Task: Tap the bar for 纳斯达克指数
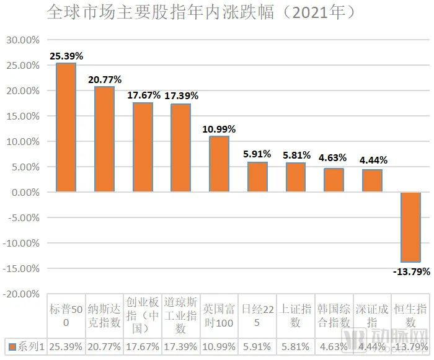pyautogui.click(x=104, y=139)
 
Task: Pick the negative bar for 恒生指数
pyautogui.click(x=410, y=227)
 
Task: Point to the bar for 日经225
pyautogui.click(x=257, y=177)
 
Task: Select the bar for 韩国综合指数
pyautogui.click(x=334, y=180)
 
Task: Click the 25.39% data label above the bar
pyautogui.click(x=66, y=56)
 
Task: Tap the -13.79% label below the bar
pyautogui.click(x=410, y=271)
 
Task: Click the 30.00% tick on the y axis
pyautogui.click(x=22, y=40)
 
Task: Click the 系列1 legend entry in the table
pyautogui.click(x=29, y=346)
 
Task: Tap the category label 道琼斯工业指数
pyautogui.click(x=181, y=315)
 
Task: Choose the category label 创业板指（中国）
pyautogui.click(x=143, y=315)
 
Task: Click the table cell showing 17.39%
pyautogui.click(x=181, y=346)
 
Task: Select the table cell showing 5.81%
pyautogui.click(x=296, y=346)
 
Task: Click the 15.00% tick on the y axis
pyautogui.click(x=22, y=116)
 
